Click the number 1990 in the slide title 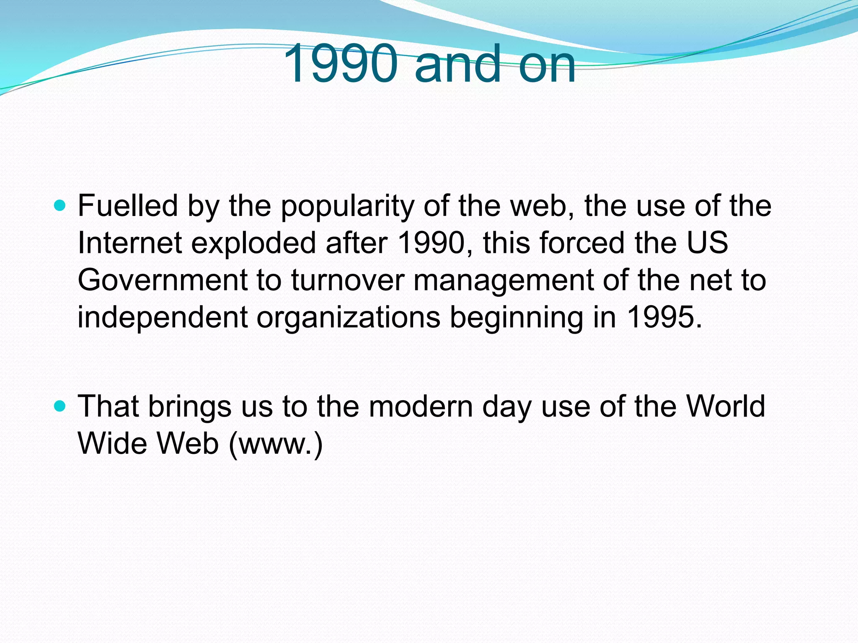pos(340,64)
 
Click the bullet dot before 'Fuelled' pos(60,206)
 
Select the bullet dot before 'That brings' pos(60,406)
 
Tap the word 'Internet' pos(129,243)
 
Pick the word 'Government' pos(163,280)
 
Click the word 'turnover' pos(348,280)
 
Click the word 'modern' pos(421,406)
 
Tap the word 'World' pos(725,406)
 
